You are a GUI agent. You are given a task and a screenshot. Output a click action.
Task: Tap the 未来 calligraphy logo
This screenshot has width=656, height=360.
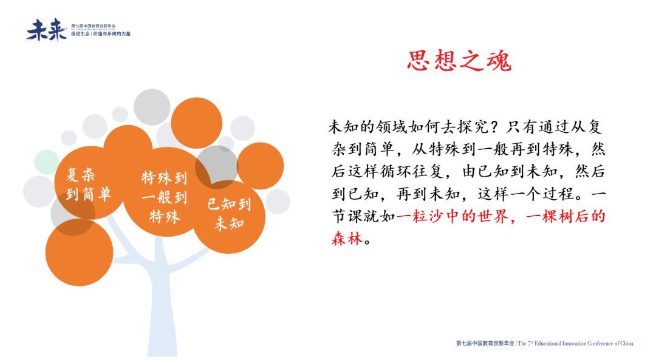pos(46,30)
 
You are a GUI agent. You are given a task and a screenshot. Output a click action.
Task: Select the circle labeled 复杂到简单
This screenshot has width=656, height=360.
pos(89,185)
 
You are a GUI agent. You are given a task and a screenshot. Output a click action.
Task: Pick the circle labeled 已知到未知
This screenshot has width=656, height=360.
pos(229,213)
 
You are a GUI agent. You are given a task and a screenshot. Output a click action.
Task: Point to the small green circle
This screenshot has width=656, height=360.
pos(46,161)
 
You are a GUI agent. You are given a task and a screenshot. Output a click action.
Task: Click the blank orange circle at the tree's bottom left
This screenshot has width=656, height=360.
pos(79,252)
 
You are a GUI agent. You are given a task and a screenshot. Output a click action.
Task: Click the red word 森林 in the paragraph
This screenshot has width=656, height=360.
pos(347,239)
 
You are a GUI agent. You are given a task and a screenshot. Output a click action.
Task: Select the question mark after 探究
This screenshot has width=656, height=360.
pos(494,127)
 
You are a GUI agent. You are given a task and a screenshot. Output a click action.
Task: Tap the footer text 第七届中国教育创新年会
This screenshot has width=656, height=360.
pos(485,344)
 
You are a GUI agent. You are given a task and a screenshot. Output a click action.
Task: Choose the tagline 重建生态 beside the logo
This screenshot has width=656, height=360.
pos(81,34)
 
